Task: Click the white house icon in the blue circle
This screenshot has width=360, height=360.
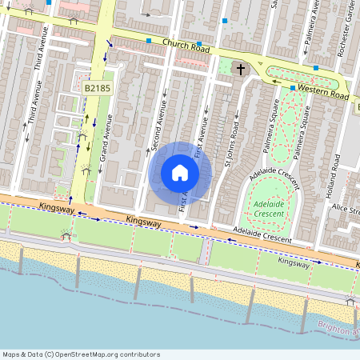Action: (x=180, y=173)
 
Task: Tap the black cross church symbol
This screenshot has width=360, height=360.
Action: (x=238, y=70)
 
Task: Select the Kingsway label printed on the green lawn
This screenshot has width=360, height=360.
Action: (x=295, y=261)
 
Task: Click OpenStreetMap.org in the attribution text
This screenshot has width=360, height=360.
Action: (x=104, y=354)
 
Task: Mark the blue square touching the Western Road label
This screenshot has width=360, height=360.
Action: (x=294, y=87)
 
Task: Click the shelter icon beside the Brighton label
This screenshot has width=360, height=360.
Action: (x=349, y=300)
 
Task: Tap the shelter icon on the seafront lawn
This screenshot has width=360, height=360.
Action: (x=65, y=234)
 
